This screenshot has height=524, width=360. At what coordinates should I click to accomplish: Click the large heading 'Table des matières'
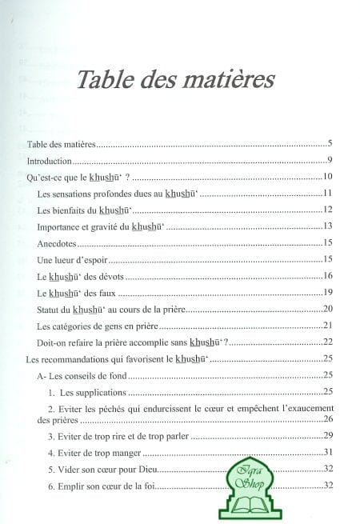(x=174, y=82)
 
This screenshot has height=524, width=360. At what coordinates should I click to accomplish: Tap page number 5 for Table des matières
(x=330, y=143)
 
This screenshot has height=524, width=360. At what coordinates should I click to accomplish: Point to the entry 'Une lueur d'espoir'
(x=70, y=259)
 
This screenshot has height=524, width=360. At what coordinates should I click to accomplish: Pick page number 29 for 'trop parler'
(x=327, y=436)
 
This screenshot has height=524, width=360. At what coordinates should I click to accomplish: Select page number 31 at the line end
(x=327, y=453)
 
